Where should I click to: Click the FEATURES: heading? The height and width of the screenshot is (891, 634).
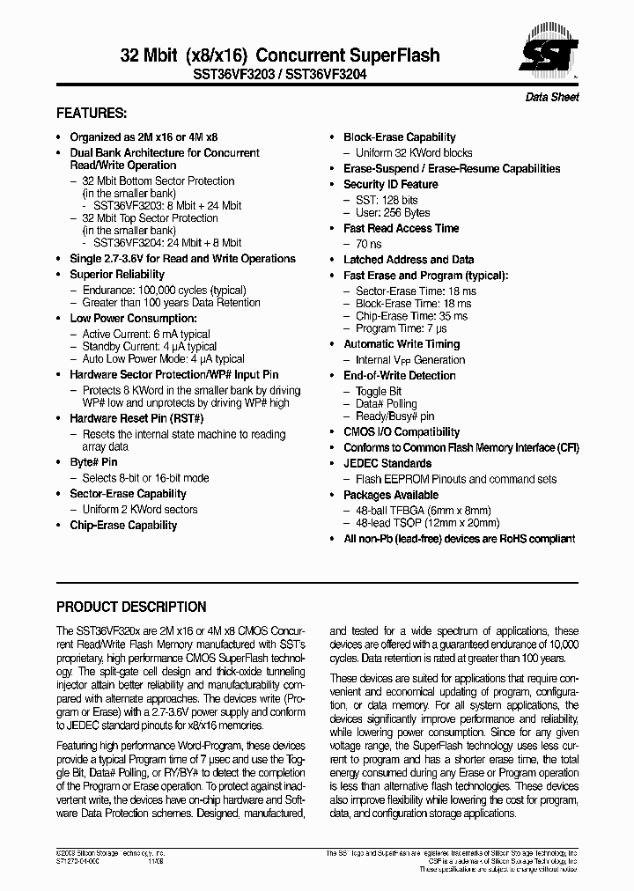(92, 114)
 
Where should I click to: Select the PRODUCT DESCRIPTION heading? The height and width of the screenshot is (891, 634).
(131, 607)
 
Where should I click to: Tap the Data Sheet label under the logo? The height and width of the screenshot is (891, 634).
(552, 97)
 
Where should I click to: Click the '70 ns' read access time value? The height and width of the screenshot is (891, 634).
(370, 244)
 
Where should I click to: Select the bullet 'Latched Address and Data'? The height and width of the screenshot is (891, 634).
(409, 260)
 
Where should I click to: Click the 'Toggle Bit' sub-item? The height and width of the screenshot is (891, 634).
(379, 391)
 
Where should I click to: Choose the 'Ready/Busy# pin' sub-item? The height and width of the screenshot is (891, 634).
(394, 416)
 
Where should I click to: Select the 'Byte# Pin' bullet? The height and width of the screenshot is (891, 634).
(93, 462)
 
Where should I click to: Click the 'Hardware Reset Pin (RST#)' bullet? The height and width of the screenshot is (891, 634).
(136, 418)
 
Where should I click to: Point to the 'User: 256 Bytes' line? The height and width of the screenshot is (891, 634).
(393, 212)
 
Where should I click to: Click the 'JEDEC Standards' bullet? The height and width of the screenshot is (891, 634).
(387, 464)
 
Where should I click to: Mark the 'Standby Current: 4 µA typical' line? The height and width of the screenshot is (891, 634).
(149, 347)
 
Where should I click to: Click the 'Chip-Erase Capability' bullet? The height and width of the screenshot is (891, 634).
(123, 526)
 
